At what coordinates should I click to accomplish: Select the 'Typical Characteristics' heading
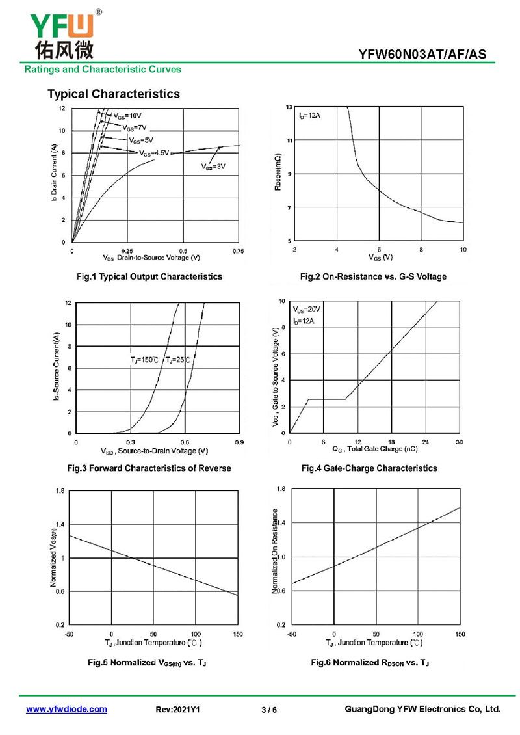(114, 94)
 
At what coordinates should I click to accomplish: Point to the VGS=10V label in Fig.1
(127, 116)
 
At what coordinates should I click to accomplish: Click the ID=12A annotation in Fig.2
(310, 116)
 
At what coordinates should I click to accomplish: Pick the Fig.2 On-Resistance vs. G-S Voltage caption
(373, 277)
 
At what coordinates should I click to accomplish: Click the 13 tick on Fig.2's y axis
(289, 107)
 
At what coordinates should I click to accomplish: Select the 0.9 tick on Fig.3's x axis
(239, 442)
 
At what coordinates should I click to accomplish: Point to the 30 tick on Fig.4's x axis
(459, 442)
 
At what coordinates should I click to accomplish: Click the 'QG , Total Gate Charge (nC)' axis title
(375, 449)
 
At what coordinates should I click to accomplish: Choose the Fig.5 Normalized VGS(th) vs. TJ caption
(147, 662)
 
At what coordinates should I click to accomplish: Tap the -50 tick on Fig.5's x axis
(70, 634)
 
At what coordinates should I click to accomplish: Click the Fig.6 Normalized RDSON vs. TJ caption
(369, 662)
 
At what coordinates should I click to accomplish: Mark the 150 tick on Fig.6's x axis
(460, 634)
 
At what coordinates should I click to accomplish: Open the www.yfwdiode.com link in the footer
(66, 709)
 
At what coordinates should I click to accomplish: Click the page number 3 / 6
(268, 710)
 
